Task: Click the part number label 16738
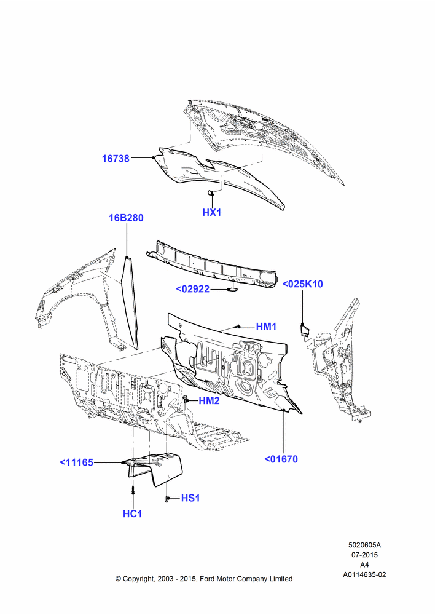pos(116,159)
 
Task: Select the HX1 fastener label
pos(212,212)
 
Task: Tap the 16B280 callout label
pos(126,218)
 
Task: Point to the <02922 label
pos(193,289)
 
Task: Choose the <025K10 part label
pos(302,284)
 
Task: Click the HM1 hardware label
pos(267,327)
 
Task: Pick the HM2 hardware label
pos(210,400)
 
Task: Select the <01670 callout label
pos(281,459)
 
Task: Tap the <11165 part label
pos(76,462)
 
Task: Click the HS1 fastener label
pos(190,498)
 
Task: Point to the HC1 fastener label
pos(133,514)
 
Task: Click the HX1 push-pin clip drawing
pos(211,192)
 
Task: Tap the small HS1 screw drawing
pos(167,498)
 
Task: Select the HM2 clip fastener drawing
pos(185,400)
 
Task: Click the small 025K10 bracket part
pos(304,330)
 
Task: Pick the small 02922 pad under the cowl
pos(232,290)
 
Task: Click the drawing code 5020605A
pos(364,545)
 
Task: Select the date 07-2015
pos(364,555)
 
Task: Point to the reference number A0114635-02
pos(364,574)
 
